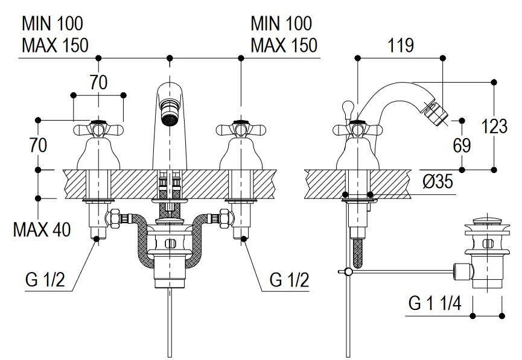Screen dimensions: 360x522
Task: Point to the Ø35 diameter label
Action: (438, 182)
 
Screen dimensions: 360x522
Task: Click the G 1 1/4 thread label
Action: (436, 302)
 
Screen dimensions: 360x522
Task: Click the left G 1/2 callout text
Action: (45, 279)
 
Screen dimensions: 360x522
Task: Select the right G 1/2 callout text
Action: (289, 279)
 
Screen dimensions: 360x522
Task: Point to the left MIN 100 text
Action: (53, 24)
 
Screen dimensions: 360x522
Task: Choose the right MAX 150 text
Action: (283, 45)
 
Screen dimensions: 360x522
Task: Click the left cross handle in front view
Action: (98, 129)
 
